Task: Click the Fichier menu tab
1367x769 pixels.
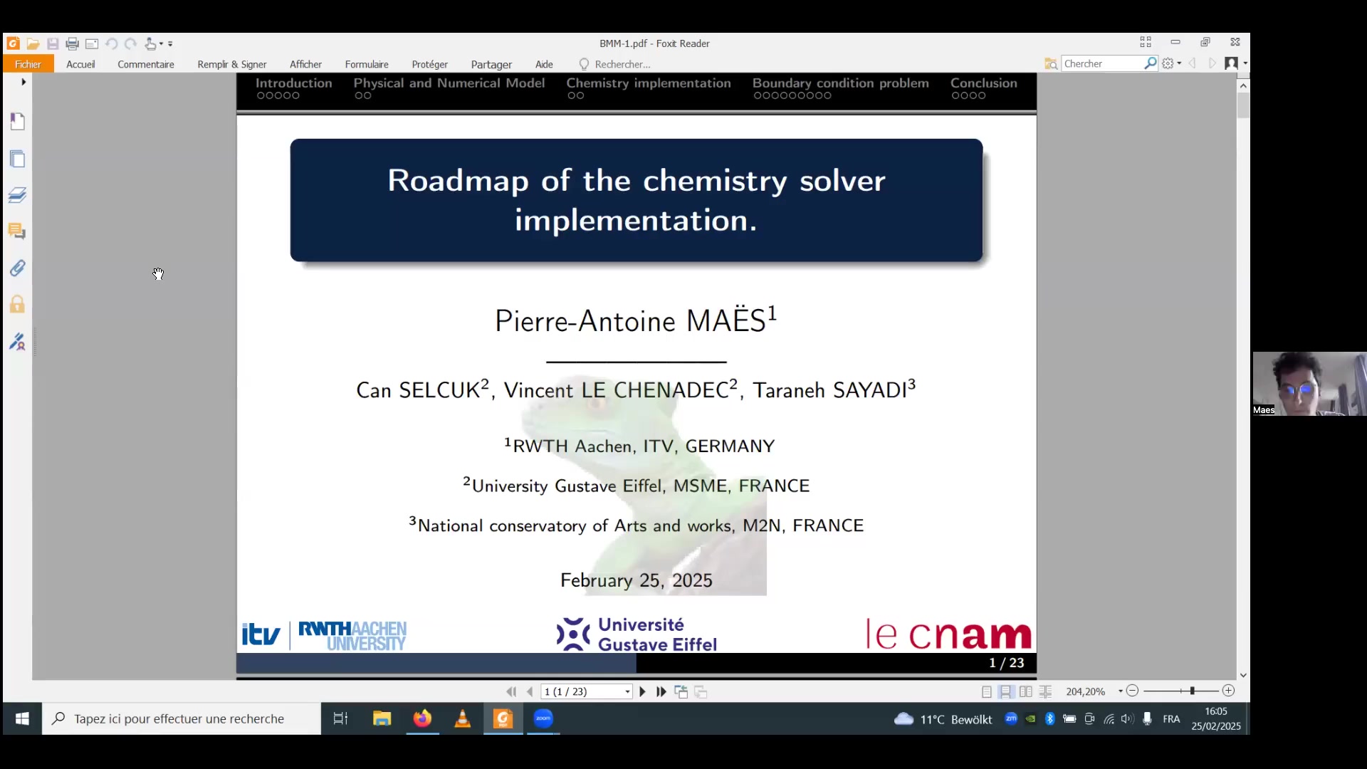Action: (x=28, y=64)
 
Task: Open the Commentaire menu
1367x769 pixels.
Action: (x=146, y=64)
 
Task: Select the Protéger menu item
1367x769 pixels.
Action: (x=429, y=64)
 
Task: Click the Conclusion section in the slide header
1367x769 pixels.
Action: (x=984, y=83)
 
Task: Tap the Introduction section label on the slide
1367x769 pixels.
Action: (x=293, y=83)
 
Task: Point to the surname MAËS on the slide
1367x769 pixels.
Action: (x=726, y=320)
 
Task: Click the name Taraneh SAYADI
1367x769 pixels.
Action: (x=830, y=390)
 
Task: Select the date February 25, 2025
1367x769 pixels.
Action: (x=636, y=580)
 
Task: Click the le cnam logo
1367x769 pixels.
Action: (x=948, y=634)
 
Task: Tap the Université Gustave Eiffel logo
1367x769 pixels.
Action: (x=637, y=634)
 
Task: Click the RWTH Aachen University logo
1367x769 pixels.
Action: (x=352, y=635)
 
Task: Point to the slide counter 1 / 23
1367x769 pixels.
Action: (x=1006, y=663)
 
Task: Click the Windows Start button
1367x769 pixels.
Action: (x=22, y=719)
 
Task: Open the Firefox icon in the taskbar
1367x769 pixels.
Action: (x=422, y=718)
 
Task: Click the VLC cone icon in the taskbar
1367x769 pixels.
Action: (x=463, y=718)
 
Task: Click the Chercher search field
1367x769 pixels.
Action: (x=1103, y=63)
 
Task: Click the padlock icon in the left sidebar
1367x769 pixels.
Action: (x=17, y=305)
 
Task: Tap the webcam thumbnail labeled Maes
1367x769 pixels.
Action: (x=1309, y=384)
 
